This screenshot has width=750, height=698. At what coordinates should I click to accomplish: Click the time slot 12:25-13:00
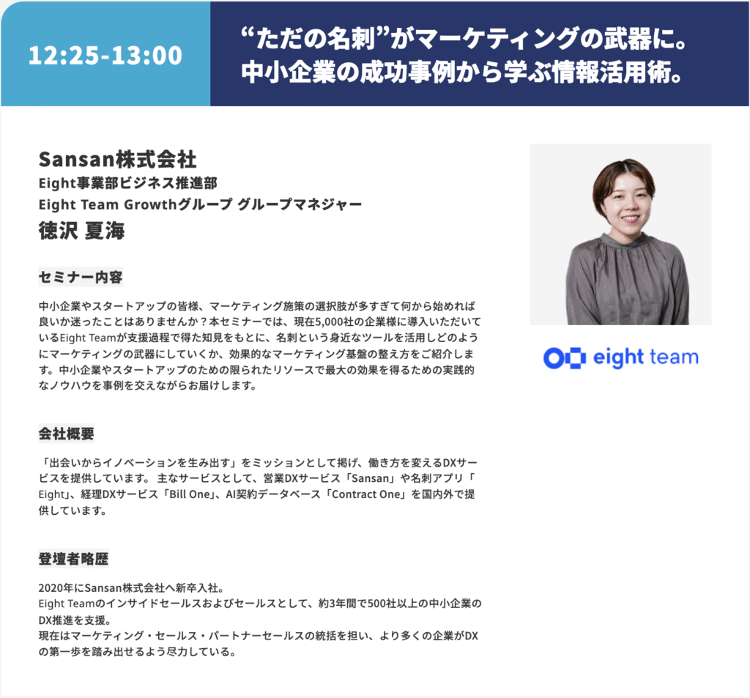click(x=105, y=55)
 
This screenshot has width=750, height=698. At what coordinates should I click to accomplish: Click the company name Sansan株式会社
click(x=118, y=160)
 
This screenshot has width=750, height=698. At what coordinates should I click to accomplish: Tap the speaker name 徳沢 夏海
click(x=82, y=231)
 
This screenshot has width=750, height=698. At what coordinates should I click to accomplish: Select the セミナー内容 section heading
click(x=81, y=277)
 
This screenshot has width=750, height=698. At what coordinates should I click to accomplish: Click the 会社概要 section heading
click(x=67, y=434)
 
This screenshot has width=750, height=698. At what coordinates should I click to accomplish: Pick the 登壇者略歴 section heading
click(x=73, y=558)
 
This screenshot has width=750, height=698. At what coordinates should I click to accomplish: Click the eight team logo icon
click(x=565, y=358)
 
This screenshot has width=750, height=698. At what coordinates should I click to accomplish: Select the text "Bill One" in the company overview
click(x=190, y=494)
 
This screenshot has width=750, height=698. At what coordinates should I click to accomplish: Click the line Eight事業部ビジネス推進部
click(x=127, y=183)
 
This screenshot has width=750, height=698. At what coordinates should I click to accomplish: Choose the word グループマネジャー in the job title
click(x=300, y=204)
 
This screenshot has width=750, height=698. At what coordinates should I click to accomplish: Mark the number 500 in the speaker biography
click(x=376, y=604)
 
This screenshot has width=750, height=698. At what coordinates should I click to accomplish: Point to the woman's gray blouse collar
click(x=627, y=240)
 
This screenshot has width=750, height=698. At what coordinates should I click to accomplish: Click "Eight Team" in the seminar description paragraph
click(x=88, y=338)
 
